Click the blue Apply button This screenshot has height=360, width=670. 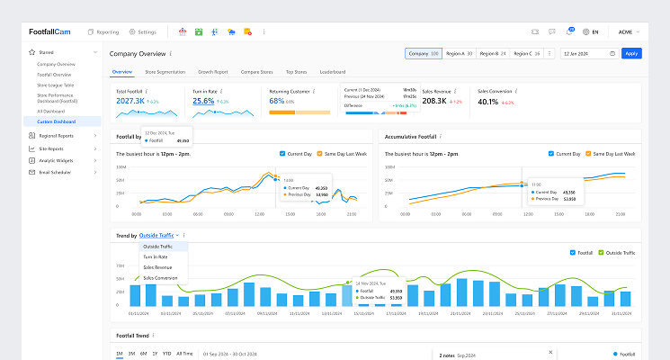coord(631,53)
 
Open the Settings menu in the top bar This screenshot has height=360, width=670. coord(143,31)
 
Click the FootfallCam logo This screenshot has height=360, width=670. coord(49,31)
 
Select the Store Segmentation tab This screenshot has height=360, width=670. coord(165,71)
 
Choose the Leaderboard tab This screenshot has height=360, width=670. coord(333,71)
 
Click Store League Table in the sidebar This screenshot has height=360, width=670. coord(56,84)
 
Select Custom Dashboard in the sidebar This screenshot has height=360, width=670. coord(57,121)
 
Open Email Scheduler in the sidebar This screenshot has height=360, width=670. coord(55,171)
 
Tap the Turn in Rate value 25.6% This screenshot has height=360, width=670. coord(203,102)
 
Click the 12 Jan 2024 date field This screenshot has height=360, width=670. coord(585,53)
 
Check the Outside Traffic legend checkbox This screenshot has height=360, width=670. coord(601,252)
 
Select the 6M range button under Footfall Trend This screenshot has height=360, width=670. coord(142,354)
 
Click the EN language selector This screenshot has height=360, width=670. coord(591,31)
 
